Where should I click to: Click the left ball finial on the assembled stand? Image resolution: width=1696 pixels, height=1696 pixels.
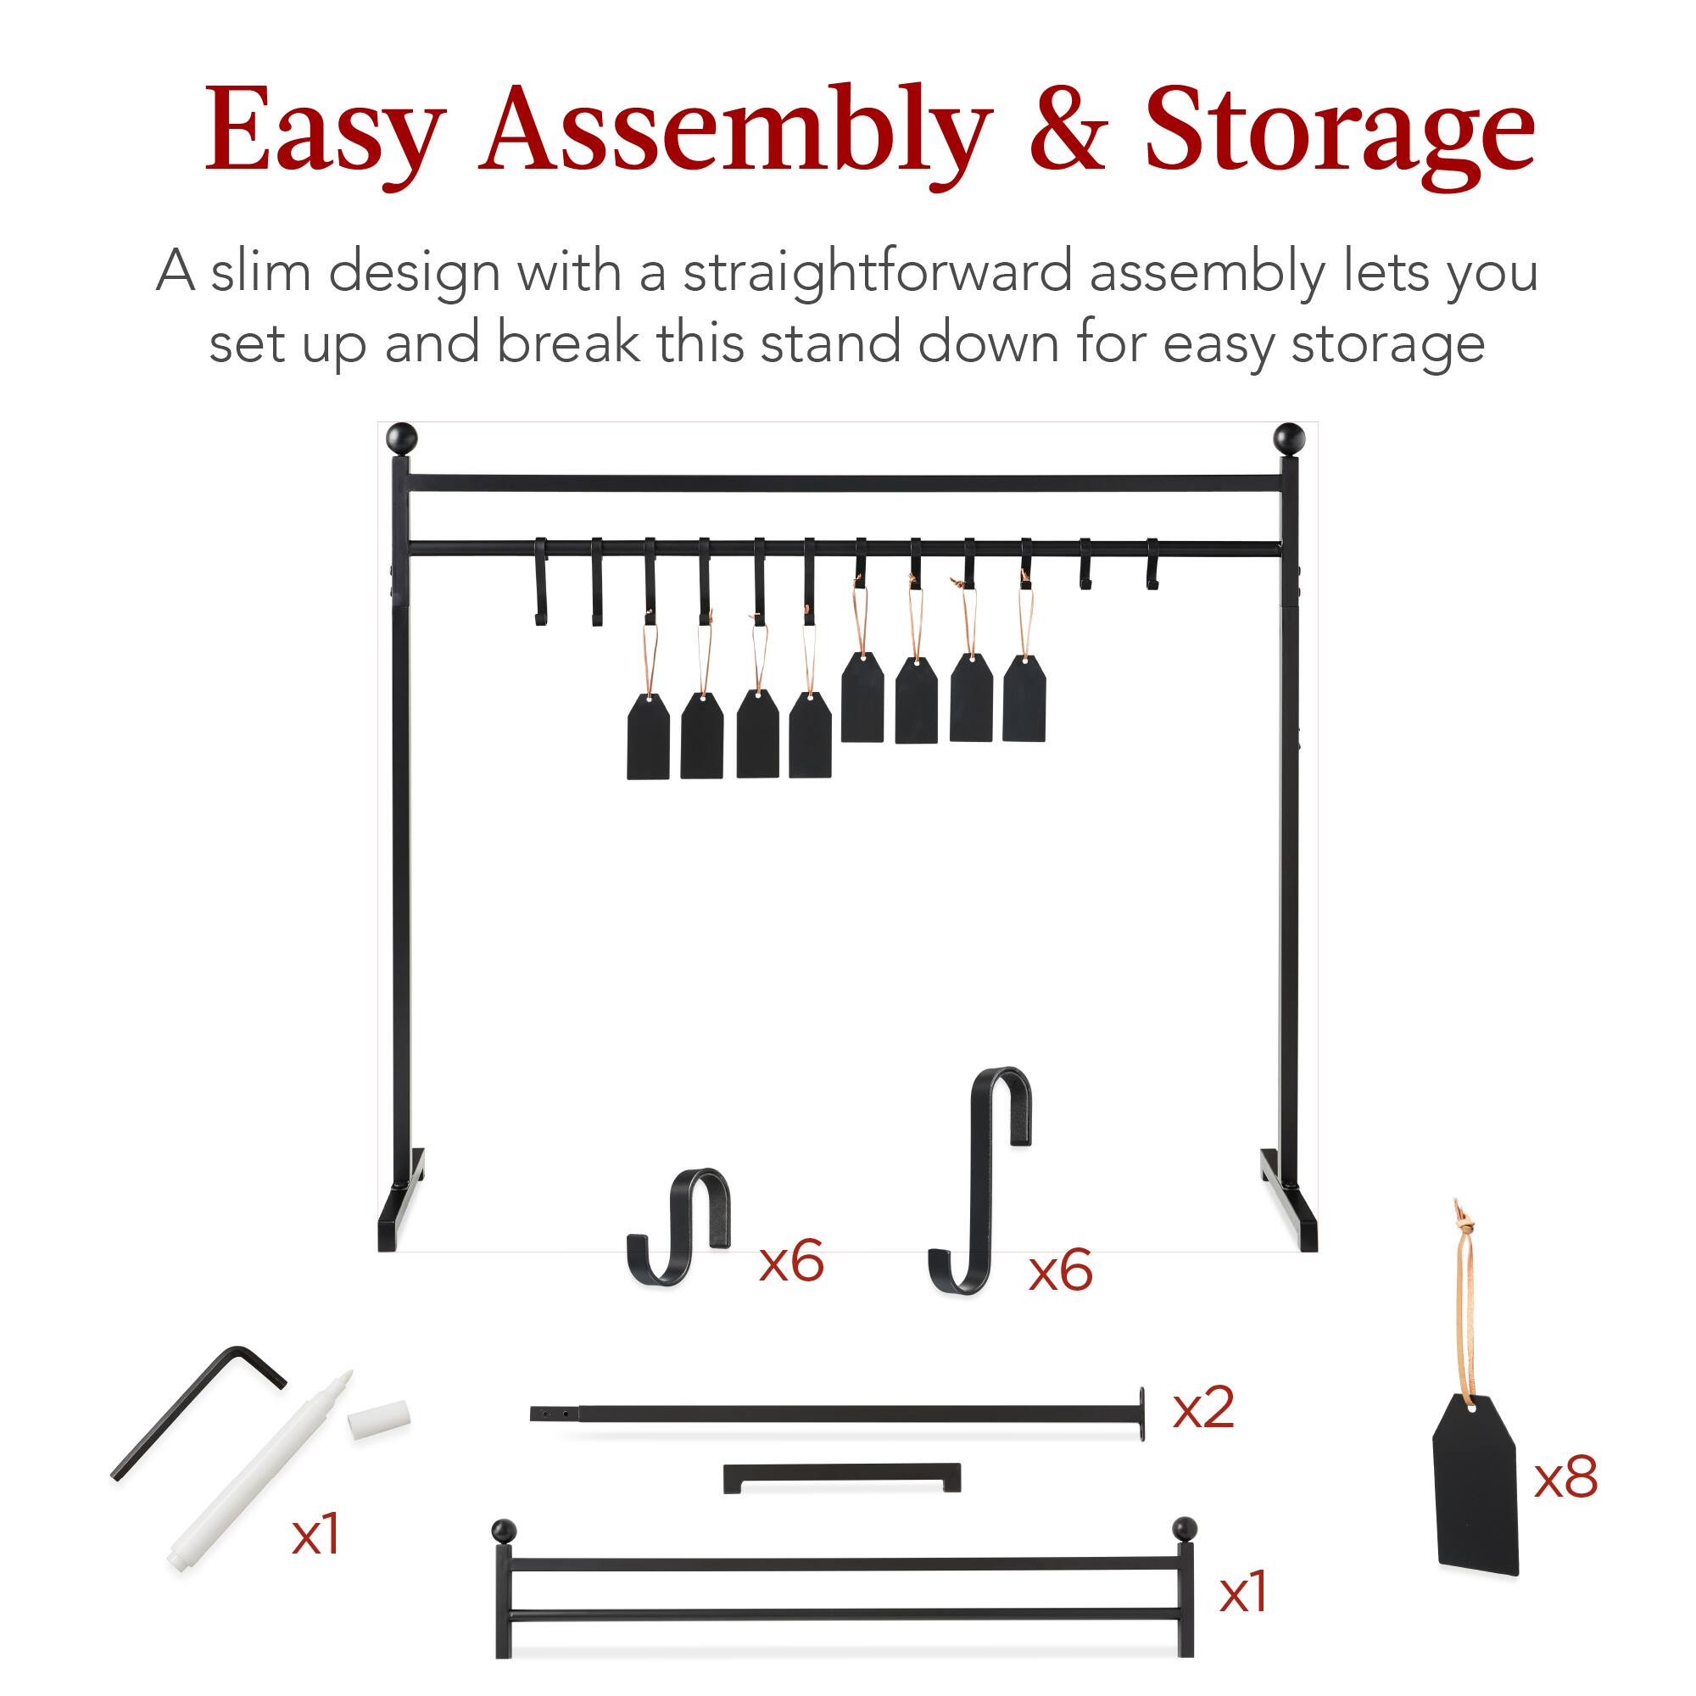pos(402,438)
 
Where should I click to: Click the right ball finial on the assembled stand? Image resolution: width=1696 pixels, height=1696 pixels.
pos(1289,438)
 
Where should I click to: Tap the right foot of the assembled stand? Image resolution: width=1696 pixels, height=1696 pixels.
pos(1289,1201)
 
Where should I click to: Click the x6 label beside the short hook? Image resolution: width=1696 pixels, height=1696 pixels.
pos(791,1263)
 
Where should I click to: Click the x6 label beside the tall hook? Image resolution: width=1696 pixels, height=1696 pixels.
pos(1061,1270)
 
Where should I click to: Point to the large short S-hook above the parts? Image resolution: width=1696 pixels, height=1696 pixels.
pos(678,1226)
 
